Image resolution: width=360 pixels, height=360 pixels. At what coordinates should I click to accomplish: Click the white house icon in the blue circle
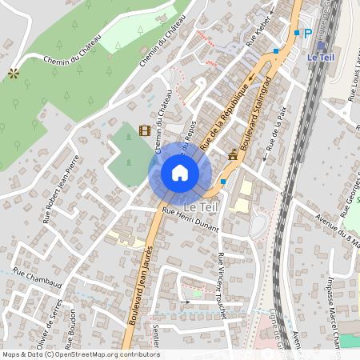pos(180,173)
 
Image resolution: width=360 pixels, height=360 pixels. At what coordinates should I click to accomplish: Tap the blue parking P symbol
pos(308,33)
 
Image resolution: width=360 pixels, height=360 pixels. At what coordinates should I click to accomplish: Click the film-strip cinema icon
pos(144,130)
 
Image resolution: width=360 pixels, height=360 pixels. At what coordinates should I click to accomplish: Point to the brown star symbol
pos(13,73)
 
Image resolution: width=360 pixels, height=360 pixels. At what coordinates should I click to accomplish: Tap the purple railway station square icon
pos(322,46)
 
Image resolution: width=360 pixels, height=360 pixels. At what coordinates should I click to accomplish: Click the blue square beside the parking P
pos(297,33)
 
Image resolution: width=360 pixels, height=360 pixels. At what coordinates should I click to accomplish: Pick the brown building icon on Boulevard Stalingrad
pos(233,154)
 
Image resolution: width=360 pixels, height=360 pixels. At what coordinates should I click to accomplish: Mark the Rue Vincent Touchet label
pos(223,285)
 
